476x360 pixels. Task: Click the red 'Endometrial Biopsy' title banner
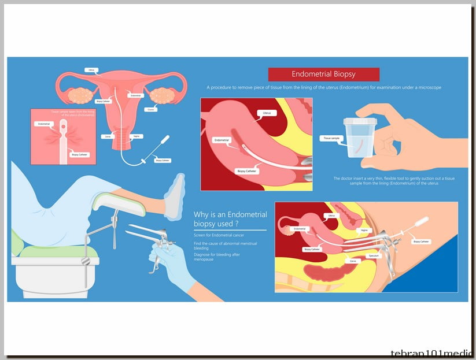[323, 74]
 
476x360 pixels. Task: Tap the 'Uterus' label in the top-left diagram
[90, 70]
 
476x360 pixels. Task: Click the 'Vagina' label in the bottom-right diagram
[364, 229]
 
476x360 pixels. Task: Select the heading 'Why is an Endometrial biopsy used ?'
[230, 218]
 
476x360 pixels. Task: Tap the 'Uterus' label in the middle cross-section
[267, 113]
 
